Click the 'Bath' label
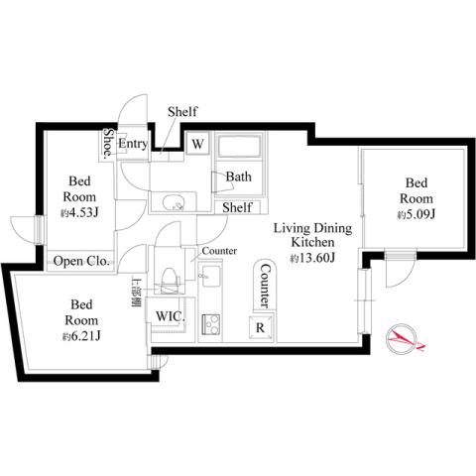click(x=238, y=177)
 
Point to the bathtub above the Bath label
click(x=238, y=149)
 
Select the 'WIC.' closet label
click(x=168, y=316)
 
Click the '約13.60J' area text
click(x=312, y=259)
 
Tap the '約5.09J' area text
click(x=416, y=214)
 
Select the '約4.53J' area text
click(x=81, y=212)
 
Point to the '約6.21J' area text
click(x=81, y=336)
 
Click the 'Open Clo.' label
click(x=81, y=262)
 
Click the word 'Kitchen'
click(x=311, y=242)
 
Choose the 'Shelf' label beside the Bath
click(x=237, y=207)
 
